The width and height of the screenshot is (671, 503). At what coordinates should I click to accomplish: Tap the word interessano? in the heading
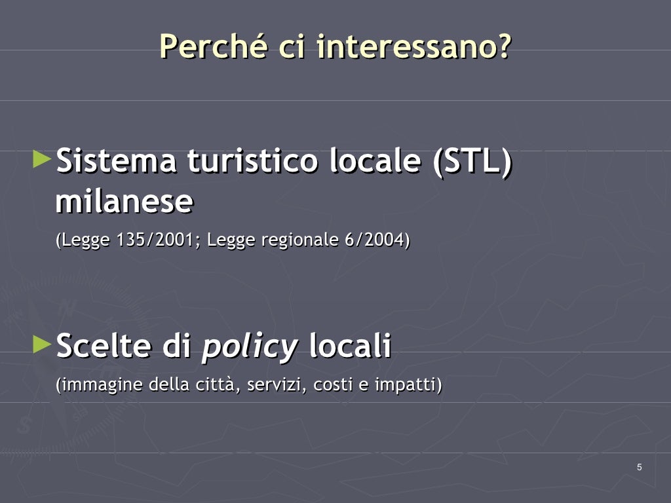coord(413,47)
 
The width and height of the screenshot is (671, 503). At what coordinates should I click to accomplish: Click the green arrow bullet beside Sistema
coord(41,158)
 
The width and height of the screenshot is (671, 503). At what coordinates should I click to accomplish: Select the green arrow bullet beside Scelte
coord(41,343)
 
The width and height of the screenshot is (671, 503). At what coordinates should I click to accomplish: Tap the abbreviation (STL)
coord(471,161)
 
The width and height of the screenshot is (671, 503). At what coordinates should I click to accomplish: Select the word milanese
coord(124,202)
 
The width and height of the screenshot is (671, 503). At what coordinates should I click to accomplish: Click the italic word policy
coord(249,346)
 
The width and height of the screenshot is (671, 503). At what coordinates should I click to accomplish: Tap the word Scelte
coord(105,346)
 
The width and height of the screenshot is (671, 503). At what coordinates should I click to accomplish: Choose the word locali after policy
coord(350,346)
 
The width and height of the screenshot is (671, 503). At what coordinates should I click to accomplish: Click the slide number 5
coord(640,467)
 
